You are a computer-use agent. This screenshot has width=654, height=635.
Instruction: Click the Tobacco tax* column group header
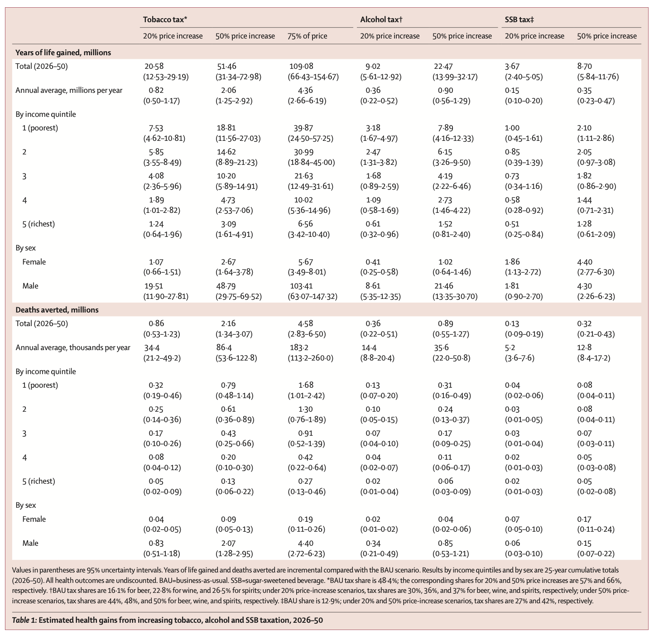pos(165,19)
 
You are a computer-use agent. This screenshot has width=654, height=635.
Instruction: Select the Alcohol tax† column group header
pos(381,19)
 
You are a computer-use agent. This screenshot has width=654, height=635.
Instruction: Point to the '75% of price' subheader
pos(307,36)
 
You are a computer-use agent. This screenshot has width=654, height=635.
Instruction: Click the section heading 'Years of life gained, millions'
pos(63,53)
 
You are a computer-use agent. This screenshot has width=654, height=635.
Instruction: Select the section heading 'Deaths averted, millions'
pos(57,310)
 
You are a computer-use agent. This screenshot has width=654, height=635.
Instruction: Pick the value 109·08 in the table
pos(301,67)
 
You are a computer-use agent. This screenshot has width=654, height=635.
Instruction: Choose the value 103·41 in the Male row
pos(301,286)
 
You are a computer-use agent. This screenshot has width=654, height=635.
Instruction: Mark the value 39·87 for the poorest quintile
pos(300,128)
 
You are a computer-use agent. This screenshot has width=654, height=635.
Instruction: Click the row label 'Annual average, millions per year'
pos(69,90)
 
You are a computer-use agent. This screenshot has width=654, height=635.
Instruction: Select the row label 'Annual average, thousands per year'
pos(73,348)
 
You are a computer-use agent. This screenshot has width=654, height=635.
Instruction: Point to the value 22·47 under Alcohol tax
pos(444,67)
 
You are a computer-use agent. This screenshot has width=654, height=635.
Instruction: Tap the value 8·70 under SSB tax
pos(584,67)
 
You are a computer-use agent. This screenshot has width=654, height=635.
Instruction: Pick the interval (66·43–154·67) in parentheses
pos(313,77)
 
